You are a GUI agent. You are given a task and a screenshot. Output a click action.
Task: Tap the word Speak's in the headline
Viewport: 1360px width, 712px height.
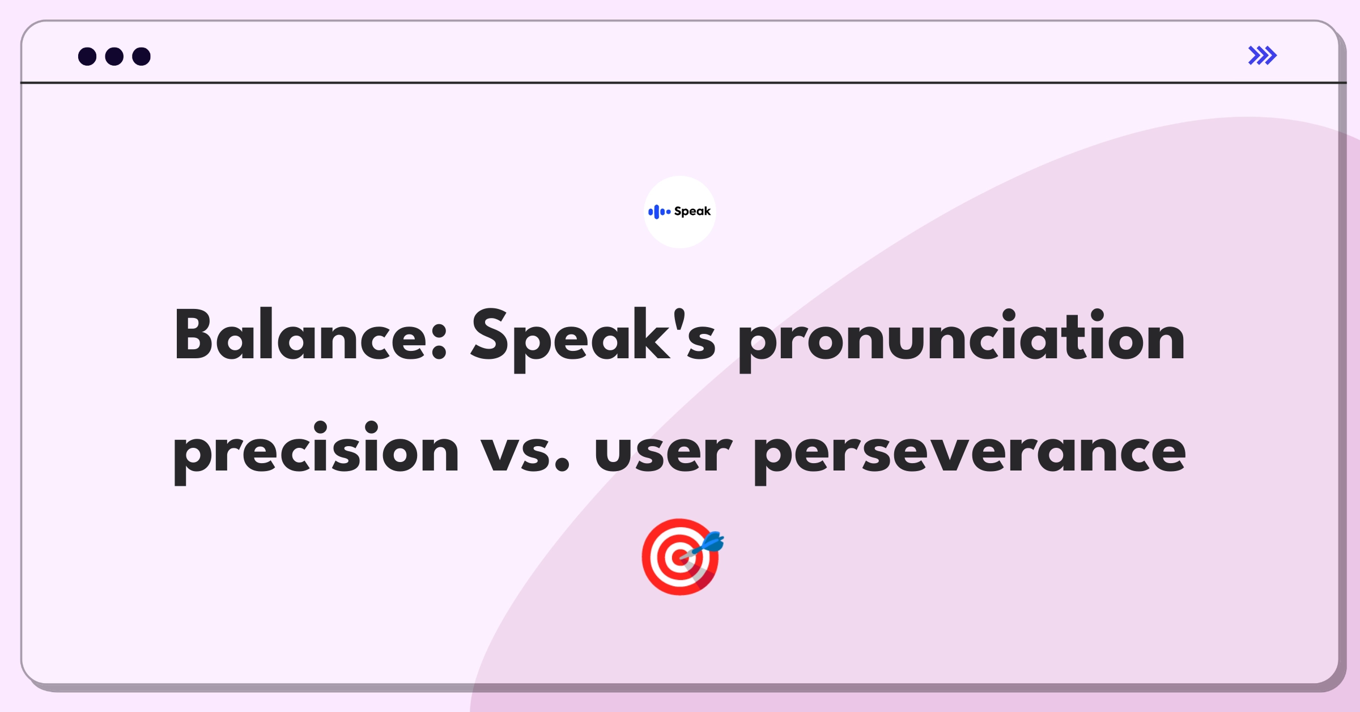[x=593, y=339]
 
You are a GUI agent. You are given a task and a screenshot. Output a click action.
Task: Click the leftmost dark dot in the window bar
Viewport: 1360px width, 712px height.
[x=87, y=56]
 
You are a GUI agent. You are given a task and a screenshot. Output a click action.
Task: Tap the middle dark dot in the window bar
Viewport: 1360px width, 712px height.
[x=114, y=56]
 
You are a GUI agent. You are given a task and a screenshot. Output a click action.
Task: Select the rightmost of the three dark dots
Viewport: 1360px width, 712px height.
[x=142, y=56]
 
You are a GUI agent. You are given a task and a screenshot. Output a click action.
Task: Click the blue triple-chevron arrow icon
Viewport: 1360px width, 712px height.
[x=1263, y=56]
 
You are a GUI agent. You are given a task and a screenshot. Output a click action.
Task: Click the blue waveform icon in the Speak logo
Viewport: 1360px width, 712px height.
[x=659, y=212]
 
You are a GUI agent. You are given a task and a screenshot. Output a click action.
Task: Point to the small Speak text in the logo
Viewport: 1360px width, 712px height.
[x=692, y=211]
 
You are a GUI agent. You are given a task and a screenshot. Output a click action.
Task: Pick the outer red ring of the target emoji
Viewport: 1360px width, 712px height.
[x=647, y=557]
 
